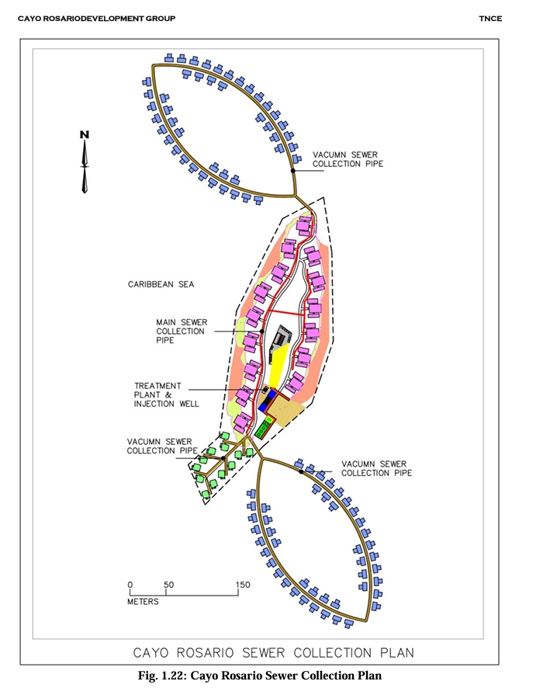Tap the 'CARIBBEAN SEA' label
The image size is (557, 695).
click(161, 284)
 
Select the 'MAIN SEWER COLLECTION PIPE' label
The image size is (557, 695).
click(182, 331)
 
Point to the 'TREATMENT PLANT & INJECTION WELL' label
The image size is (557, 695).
click(167, 394)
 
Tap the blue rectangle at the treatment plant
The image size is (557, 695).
click(268, 400)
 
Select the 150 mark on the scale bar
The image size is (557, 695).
click(243, 585)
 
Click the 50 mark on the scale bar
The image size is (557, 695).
click(168, 585)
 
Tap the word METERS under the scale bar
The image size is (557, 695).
click(143, 602)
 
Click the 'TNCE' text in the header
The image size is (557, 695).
click(490, 18)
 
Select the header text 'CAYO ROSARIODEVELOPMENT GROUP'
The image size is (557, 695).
click(96, 18)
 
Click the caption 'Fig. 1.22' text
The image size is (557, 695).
click(162, 676)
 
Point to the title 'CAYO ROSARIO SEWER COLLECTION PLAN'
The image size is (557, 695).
click(274, 653)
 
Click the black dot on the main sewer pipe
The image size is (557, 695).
click(261, 331)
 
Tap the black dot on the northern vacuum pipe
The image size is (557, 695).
click(292, 170)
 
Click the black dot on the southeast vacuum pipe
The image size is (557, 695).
click(301, 471)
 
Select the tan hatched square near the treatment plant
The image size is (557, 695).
click(286, 411)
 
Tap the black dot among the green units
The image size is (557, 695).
click(223, 458)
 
